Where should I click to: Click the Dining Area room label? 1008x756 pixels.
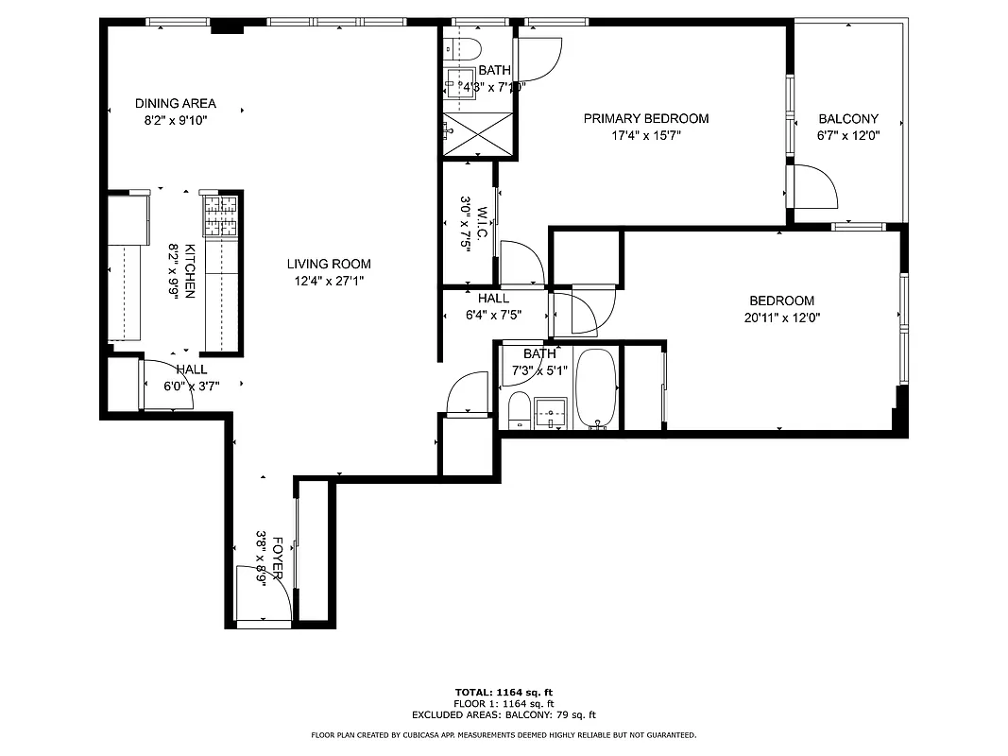(x=175, y=103)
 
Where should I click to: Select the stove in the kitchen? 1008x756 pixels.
(x=220, y=215)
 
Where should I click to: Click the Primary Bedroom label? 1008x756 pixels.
(x=645, y=118)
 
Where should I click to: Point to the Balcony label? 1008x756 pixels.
(x=847, y=119)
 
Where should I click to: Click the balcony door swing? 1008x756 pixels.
(x=814, y=187)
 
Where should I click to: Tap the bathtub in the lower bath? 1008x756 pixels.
(x=597, y=388)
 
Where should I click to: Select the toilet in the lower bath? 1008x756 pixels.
(x=518, y=411)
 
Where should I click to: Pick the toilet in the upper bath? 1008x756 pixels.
(x=466, y=47)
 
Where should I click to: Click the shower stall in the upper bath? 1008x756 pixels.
(x=479, y=133)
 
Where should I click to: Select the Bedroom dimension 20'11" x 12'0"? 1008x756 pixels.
(x=781, y=318)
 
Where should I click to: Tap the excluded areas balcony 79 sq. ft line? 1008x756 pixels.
(x=504, y=715)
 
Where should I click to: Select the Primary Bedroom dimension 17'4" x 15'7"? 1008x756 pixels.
(x=645, y=135)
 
